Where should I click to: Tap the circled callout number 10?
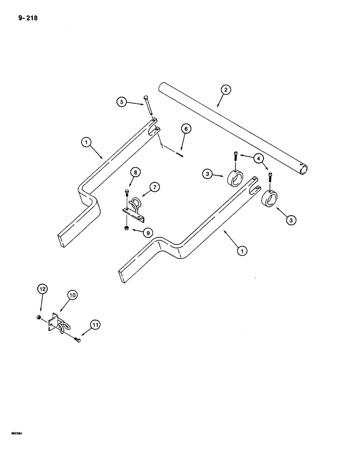[73, 295]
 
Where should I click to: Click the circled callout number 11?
[96, 324]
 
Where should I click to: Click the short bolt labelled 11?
[77, 342]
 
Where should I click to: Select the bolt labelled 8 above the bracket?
[127, 193]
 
